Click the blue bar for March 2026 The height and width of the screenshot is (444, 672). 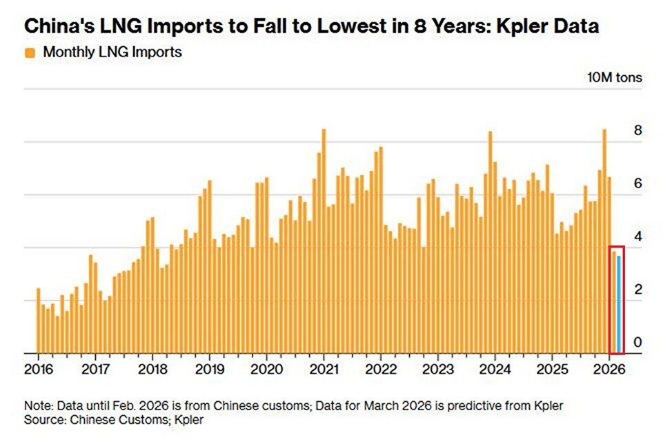click(x=620, y=303)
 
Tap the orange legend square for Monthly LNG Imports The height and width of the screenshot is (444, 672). click(x=30, y=53)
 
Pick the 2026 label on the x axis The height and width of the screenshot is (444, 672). click(x=610, y=367)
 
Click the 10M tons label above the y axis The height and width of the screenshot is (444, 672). click(x=614, y=77)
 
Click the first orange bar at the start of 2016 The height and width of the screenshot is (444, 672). click(x=39, y=321)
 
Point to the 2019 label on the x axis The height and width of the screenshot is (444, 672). click(x=208, y=367)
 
